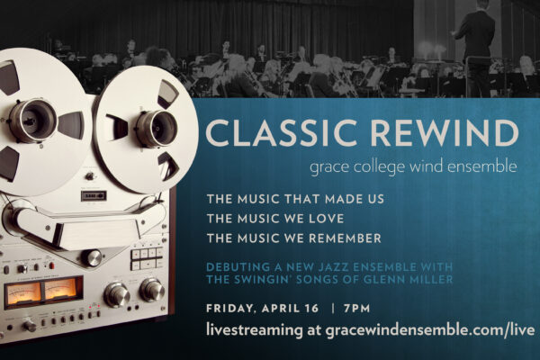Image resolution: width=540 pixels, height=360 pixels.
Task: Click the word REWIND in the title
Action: point(445,132)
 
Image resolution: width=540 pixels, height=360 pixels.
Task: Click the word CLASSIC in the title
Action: point(281,132)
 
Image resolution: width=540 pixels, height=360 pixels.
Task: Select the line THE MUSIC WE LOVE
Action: point(275,219)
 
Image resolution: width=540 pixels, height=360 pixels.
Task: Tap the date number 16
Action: point(311,308)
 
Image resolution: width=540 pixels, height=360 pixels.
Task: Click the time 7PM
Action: point(356,308)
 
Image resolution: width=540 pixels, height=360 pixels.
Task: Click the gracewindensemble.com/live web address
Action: point(429,329)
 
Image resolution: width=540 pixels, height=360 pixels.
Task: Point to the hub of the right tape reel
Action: point(157,128)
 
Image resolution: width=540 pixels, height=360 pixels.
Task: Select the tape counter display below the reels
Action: point(94,195)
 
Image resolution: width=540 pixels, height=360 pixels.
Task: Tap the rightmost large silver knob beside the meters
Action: point(151,289)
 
